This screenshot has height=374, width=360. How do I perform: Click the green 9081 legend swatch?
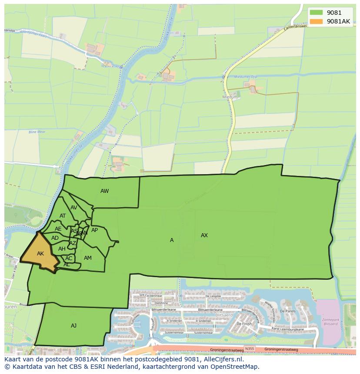click(x=317, y=13)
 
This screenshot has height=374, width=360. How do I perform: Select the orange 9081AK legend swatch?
click(x=317, y=21)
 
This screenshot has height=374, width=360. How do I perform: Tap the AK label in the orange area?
click(x=40, y=254)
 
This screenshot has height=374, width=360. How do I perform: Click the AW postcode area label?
click(x=104, y=191)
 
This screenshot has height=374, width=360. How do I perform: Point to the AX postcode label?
click(x=204, y=235)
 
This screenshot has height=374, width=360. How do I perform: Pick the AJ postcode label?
click(x=73, y=325)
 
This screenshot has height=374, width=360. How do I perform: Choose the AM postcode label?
click(x=88, y=258)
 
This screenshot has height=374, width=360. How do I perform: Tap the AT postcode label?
click(x=63, y=216)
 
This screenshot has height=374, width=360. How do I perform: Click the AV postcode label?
click(x=74, y=208)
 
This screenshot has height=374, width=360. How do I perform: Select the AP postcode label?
click(x=94, y=230)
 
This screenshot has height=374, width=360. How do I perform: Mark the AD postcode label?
click(x=55, y=238)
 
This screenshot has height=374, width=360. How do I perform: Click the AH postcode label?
click(x=62, y=249)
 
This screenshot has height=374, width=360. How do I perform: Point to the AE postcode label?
click(x=58, y=229)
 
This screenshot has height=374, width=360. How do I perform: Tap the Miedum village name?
click(x=230, y=97)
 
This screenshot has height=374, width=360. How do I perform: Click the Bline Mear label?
click(x=37, y=132)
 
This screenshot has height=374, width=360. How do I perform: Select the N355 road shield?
click(x=249, y=349)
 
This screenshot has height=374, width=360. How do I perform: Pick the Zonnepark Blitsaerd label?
click(x=331, y=322)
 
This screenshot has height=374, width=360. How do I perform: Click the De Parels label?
click(x=288, y=311)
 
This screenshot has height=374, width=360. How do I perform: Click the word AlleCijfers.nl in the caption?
click(x=221, y=359)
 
